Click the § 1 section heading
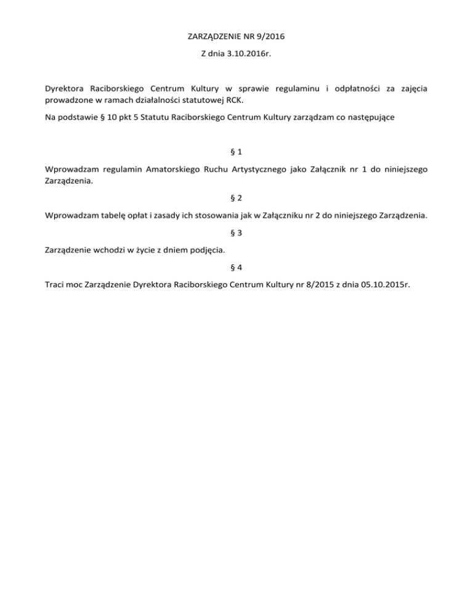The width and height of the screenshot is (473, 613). click(236, 151)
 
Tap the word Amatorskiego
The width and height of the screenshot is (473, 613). click(173, 168)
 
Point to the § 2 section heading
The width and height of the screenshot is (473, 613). click(236, 198)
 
